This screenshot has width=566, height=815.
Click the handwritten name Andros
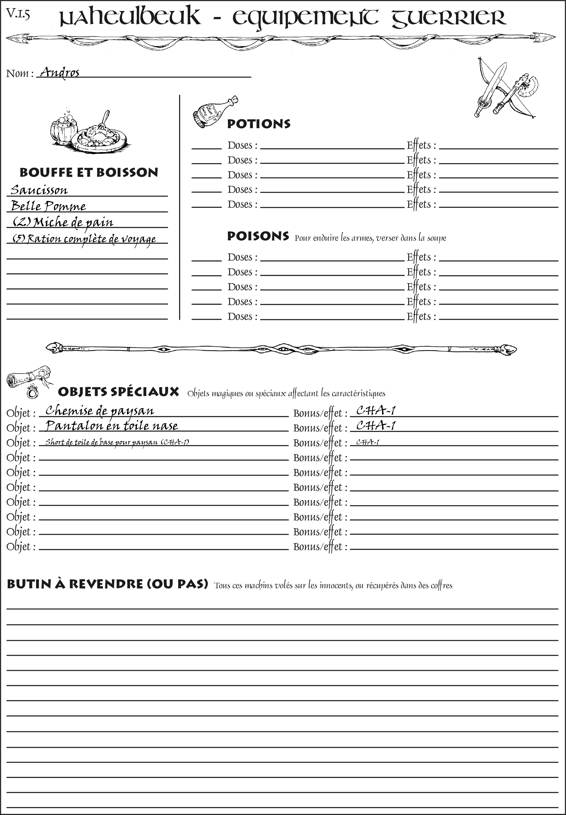pyautogui.click(x=60, y=72)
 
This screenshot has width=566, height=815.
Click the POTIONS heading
pyautogui.click(x=258, y=124)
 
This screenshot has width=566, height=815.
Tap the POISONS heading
pyautogui.click(x=258, y=236)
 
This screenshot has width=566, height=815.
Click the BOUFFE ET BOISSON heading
pyautogui.click(x=89, y=173)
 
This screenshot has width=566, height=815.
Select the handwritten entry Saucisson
pyautogui.click(x=39, y=190)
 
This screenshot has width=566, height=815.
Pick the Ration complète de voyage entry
pyautogui.click(x=84, y=239)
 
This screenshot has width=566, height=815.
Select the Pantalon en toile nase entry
pyautogui.click(x=112, y=426)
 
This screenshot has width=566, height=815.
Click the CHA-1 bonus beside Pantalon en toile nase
pyautogui.click(x=376, y=425)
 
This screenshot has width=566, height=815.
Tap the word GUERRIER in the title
pyautogui.click(x=449, y=18)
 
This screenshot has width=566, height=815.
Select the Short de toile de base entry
pyautogui.click(x=117, y=442)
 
